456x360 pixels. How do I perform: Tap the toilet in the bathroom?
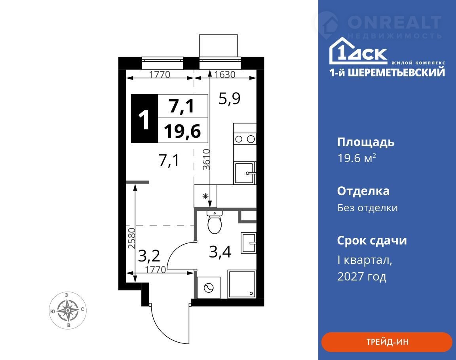215,222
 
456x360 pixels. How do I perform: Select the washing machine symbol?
209,288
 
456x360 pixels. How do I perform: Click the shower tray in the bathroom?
242,284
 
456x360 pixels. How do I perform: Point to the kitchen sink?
245,173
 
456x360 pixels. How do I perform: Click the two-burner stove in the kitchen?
245,139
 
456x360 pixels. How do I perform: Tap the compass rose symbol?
68,310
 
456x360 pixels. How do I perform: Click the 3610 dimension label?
206,159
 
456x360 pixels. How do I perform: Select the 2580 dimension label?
132,238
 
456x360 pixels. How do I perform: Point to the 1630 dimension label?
224,75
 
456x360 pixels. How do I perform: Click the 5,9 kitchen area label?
230,99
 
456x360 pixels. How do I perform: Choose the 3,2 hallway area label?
149,256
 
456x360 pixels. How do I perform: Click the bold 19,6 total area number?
182,131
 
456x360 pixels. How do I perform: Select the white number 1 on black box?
144,119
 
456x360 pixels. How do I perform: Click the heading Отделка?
363,191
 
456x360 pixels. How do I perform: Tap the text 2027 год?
362,276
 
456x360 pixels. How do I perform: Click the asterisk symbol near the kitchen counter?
205,196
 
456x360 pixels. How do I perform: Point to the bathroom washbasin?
248,243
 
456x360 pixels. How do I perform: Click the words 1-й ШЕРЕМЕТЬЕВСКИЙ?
387,72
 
